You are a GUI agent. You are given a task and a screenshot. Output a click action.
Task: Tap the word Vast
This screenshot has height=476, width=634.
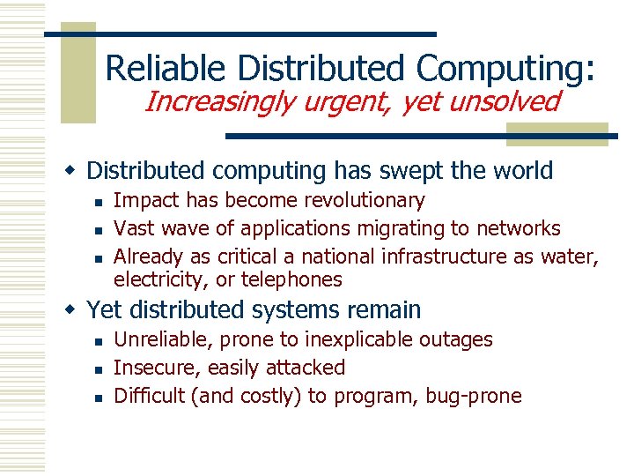coord(135,228)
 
